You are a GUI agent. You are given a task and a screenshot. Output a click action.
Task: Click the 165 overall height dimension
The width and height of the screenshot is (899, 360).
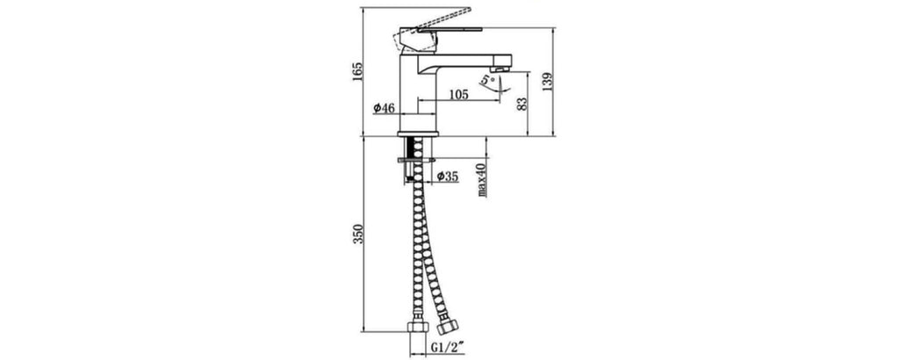tap(357, 71)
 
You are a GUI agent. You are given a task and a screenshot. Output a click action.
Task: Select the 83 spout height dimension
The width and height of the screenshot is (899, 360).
tap(521, 104)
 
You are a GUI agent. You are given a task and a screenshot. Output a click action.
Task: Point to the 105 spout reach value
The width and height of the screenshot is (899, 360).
tap(458, 95)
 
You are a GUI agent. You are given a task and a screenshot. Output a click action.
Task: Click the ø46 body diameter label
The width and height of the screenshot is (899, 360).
tap(384, 108)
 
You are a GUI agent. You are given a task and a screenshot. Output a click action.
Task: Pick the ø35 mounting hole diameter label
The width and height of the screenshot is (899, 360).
tap(448, 176)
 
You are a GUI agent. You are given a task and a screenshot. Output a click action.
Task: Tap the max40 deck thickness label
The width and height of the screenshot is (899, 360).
tap(482, 180)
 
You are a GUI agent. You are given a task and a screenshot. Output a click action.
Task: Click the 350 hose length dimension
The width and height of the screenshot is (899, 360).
tap(357, 234)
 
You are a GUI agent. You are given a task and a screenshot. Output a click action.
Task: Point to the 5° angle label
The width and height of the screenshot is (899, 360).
tap(487, 80)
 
